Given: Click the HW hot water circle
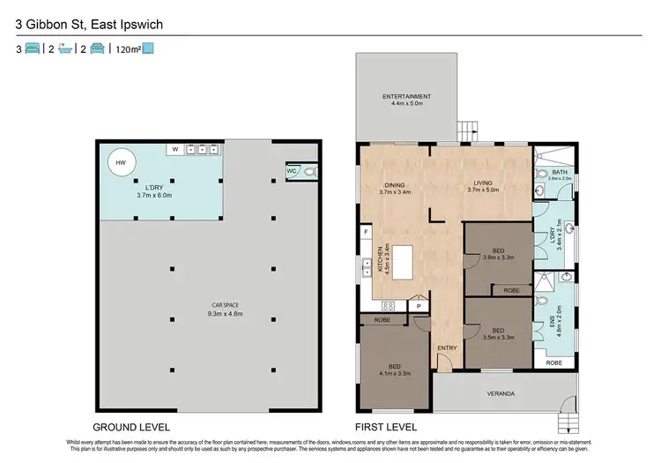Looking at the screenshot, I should (120, 161).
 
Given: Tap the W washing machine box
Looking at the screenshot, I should (175, 150).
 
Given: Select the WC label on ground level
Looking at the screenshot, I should (291, 171).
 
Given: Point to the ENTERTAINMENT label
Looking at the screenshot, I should (406, 100).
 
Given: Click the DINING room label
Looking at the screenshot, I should (395, 188).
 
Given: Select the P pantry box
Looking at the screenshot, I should (419, 306).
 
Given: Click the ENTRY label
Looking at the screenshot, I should (448, 347).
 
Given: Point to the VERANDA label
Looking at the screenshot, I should (499, 392).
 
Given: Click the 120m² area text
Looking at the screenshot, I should (128, 50).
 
